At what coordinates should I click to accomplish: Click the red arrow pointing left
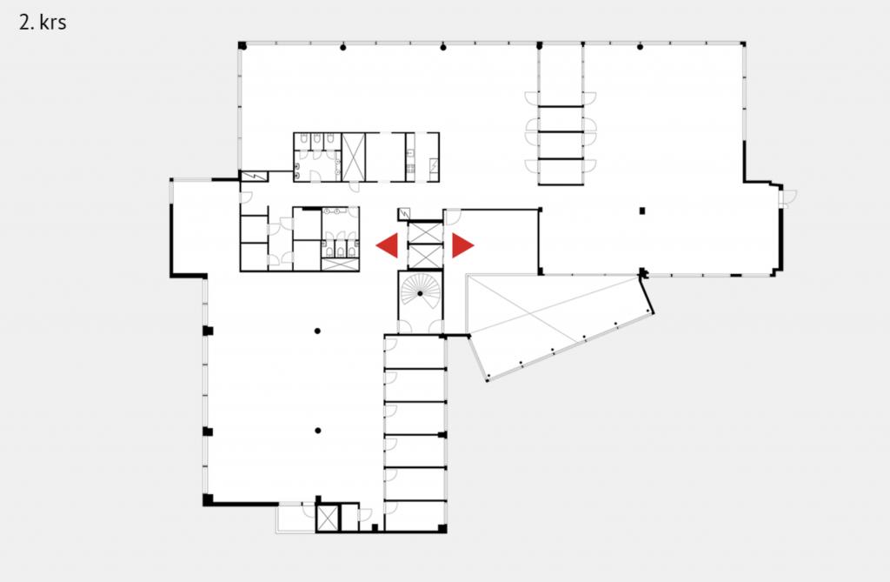pyautogui.click(x=389, y=245)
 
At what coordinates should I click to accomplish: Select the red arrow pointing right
pyautogui.click(x=462, y=245)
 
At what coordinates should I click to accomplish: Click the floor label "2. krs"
pyautogui.click(x=43, y=22)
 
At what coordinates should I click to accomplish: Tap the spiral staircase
pyautogui.click(x=420, y=292)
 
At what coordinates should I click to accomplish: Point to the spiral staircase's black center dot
pyautogui.click(x=420, y=293)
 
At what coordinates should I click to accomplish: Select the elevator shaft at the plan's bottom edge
pyautogui.click(x=327, y=518)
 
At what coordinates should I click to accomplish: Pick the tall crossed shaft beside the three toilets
pyautogui.click(x=353, y=157)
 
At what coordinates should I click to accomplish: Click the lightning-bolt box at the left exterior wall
pyautogui.click(x=254, y=177)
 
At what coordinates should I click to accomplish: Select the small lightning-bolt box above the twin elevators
pyautogui.click(x=404, y=214)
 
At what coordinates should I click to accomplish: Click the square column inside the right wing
pyautogui.click(x=642, y=211)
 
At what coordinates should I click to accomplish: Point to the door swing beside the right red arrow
pyautogui.click(x=452, y=217)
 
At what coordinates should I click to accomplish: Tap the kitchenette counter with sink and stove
pyautogui.click(x=410, y=157)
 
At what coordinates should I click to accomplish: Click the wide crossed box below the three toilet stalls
pyautogui.click(x=340, y=264)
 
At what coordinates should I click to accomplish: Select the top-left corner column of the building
pyautogui.click(x=242, y=45)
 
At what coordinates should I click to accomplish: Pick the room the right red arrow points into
pyautogui.click(x=492, y=242)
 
